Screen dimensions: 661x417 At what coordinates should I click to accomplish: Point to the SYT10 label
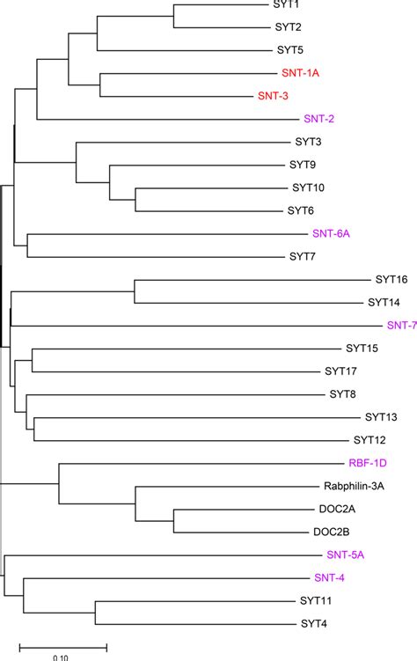tap(309, 187)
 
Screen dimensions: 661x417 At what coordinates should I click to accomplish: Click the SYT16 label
tap(389, 280)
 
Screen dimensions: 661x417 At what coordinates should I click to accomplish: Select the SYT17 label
tap(340, 371)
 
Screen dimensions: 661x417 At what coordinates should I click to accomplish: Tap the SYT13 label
tap(382, 417)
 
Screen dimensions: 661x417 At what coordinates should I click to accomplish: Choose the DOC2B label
tap(332, 532)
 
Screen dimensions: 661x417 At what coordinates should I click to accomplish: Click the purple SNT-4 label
tap(331, 578)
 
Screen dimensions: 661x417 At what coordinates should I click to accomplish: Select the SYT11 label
tap(316, 601)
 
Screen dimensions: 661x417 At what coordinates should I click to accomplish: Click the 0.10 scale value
tap(62, 657)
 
